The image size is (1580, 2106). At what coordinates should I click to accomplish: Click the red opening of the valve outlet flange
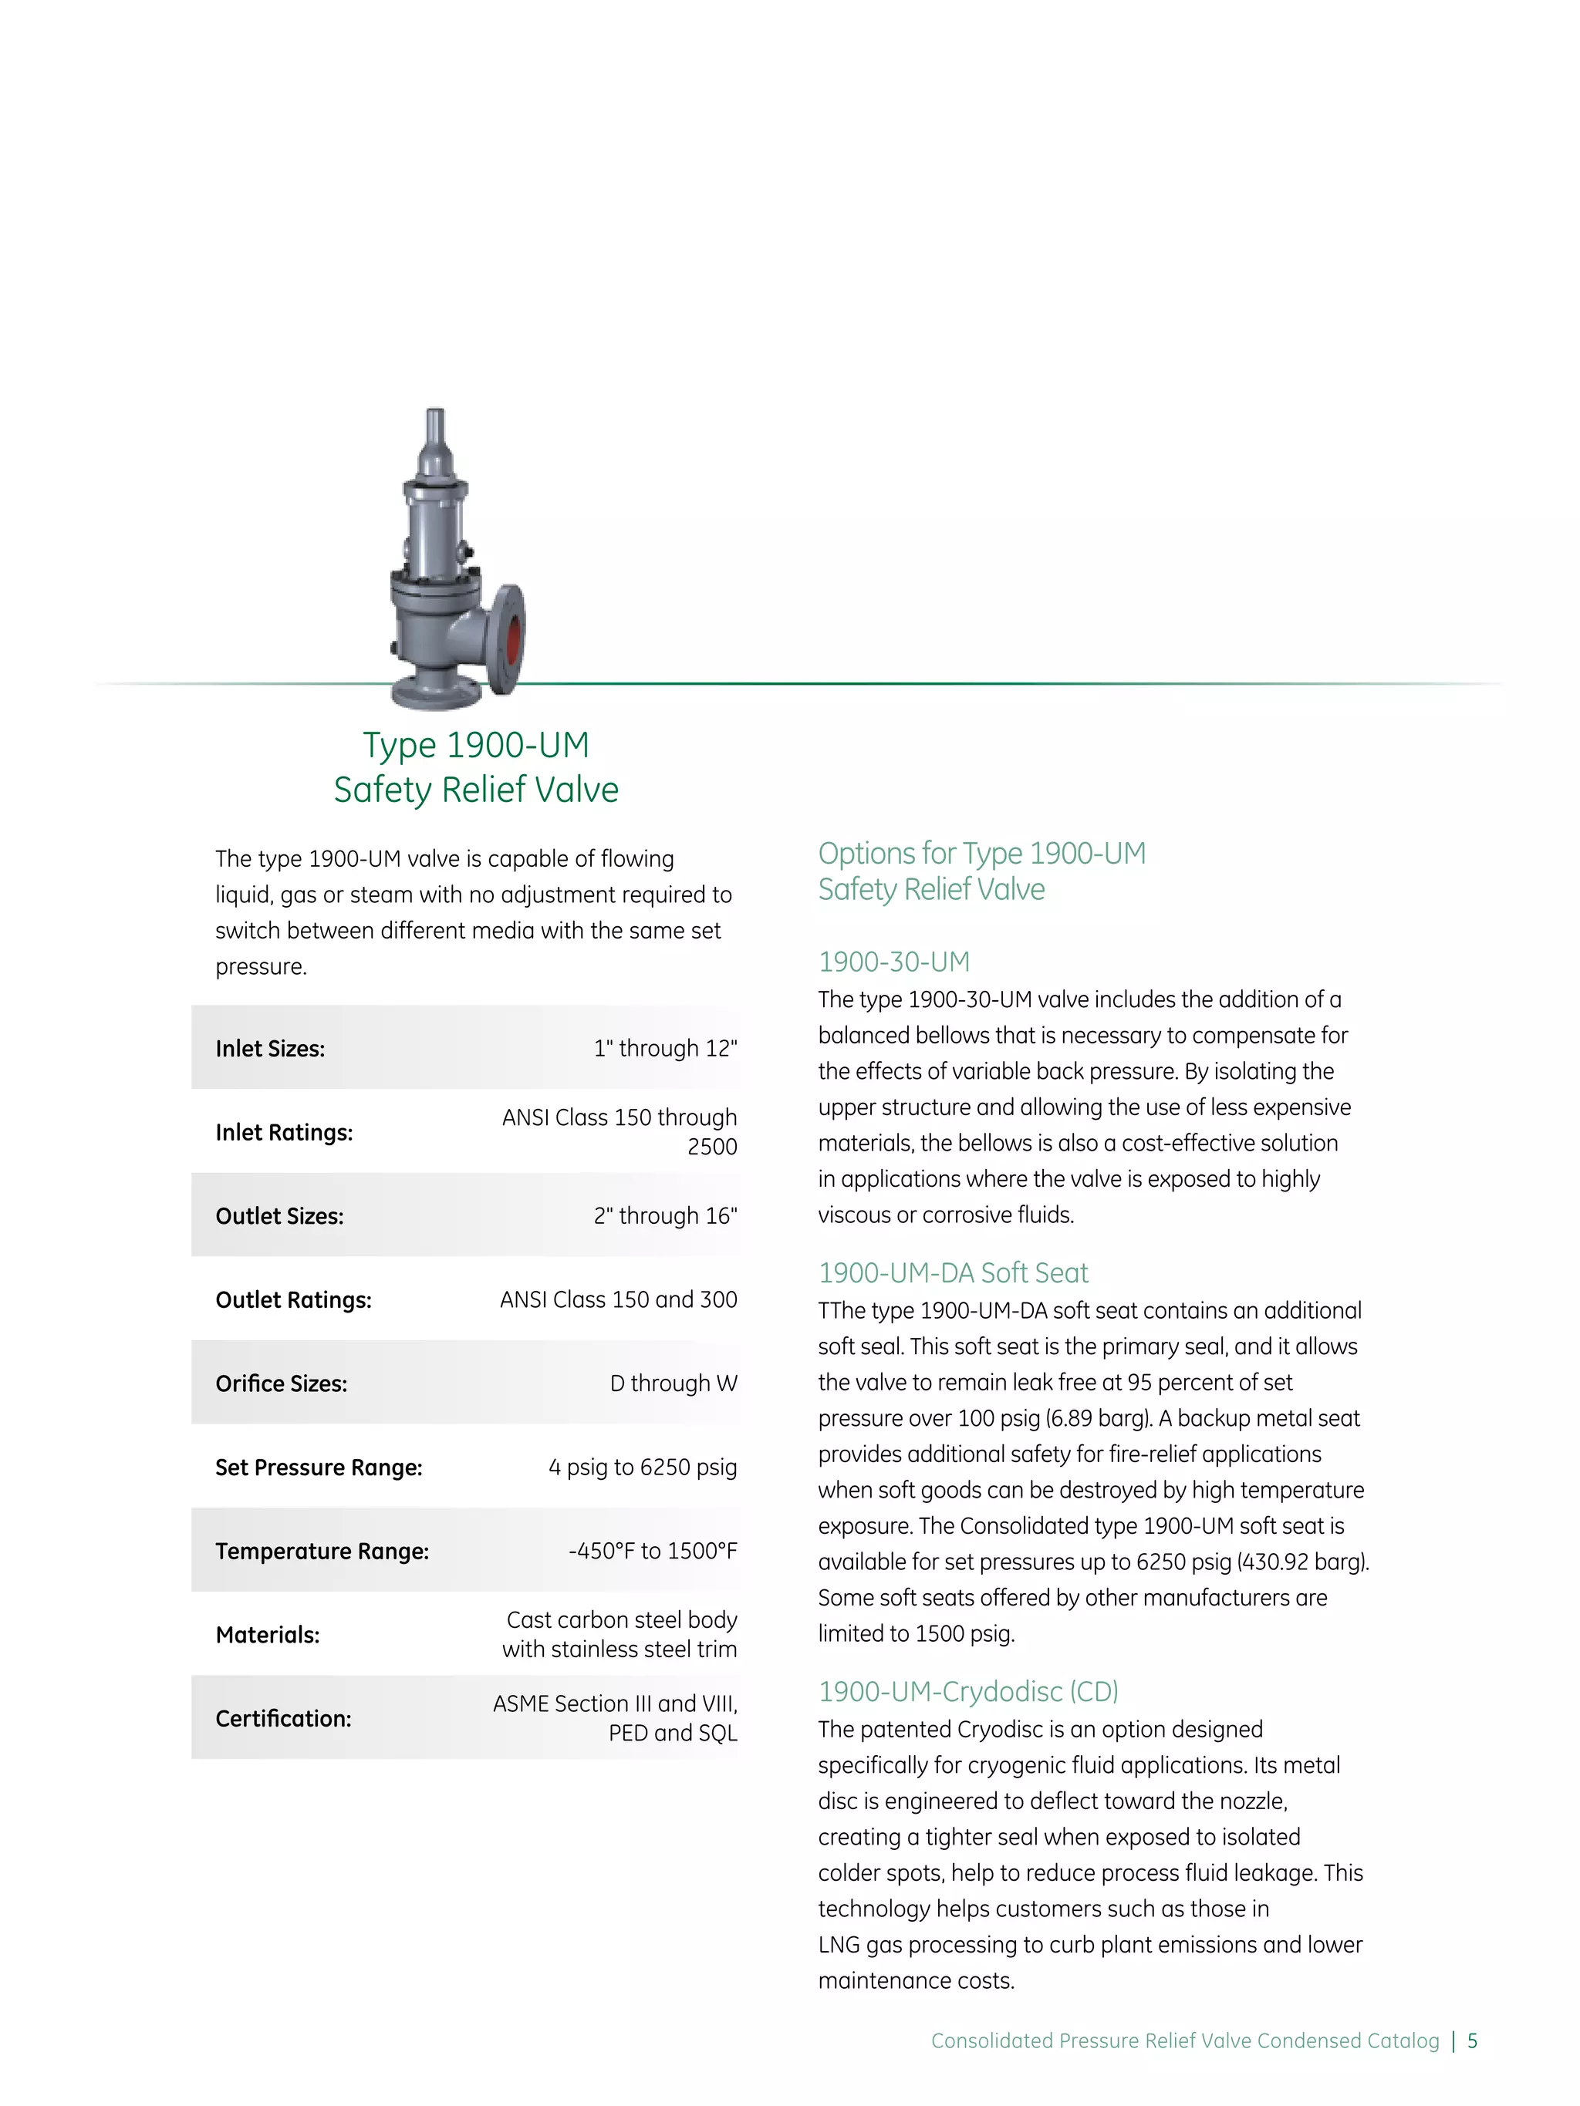513,638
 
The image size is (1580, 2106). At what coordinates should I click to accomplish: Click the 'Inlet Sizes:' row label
269,1048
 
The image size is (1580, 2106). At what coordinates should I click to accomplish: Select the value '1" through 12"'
665,1048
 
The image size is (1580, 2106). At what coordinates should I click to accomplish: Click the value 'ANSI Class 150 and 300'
618,1299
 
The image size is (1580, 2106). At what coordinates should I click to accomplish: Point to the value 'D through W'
674,1383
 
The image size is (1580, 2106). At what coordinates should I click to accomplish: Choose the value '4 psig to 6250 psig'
642,1467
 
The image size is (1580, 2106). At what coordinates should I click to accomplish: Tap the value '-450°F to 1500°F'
653,1551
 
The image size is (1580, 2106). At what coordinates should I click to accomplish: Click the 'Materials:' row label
268,1635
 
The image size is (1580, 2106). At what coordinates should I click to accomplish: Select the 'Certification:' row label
283,1719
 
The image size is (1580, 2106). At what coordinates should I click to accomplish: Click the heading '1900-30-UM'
893,962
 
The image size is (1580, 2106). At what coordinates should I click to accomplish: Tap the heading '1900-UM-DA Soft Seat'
952,1273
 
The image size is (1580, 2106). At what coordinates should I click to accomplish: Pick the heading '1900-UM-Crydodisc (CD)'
967,1692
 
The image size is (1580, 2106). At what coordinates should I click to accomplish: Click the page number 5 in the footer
1473,2040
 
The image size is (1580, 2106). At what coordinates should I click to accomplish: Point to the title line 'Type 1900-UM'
476,744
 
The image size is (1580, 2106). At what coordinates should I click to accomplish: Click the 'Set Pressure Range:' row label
318,1467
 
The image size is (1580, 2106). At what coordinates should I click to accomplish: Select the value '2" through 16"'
665,1216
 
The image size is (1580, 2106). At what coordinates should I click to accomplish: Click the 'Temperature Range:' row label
322,1551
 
